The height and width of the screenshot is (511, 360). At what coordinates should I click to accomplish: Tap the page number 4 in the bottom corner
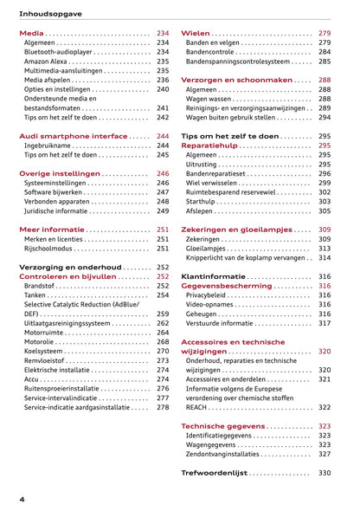[22, 500]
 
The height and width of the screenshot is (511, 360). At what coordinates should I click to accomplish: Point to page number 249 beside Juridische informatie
[163, 210]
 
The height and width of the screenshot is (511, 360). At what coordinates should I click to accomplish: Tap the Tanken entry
[37, 295]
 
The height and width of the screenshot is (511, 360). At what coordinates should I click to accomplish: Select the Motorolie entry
[41, 342]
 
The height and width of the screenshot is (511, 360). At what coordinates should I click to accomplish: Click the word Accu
[32, 379]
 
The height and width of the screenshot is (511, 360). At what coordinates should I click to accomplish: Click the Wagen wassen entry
[212, 99]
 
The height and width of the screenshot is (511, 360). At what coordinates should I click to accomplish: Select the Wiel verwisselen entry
[216, 183]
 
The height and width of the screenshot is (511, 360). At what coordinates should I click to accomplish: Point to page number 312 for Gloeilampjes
[325, 249]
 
